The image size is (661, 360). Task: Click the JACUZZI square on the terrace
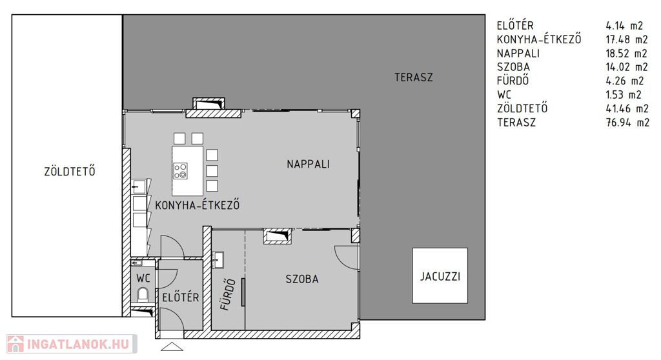(440, 275)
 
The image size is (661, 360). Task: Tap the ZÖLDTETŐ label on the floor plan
(70, 171)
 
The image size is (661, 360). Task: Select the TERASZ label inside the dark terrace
(414, 77)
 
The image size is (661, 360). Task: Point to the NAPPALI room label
(308, 164)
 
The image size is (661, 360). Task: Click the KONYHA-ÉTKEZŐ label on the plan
(198, 205)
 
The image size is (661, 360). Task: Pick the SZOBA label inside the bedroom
(302, 279)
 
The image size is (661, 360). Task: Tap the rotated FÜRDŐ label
(228, 294)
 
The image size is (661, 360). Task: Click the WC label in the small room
(143, 278)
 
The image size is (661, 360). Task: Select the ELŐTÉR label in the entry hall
(181, 297)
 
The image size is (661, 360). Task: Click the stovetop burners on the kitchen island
(181, 171)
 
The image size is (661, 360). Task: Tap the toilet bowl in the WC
(143, 294)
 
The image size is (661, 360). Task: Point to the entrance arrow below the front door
(172, 346)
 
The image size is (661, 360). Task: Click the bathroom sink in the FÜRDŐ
(218, 259)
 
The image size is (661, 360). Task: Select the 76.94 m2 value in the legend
(627, 123)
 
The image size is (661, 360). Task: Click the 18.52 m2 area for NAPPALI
(626, 54)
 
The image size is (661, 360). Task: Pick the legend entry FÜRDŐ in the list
(513, 80)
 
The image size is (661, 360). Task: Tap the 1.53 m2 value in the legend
(624, 95)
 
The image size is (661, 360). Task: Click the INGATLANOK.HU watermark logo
(71, 344)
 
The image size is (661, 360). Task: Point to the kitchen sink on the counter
(139, 186)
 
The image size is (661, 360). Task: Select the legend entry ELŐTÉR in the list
(515, 25)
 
